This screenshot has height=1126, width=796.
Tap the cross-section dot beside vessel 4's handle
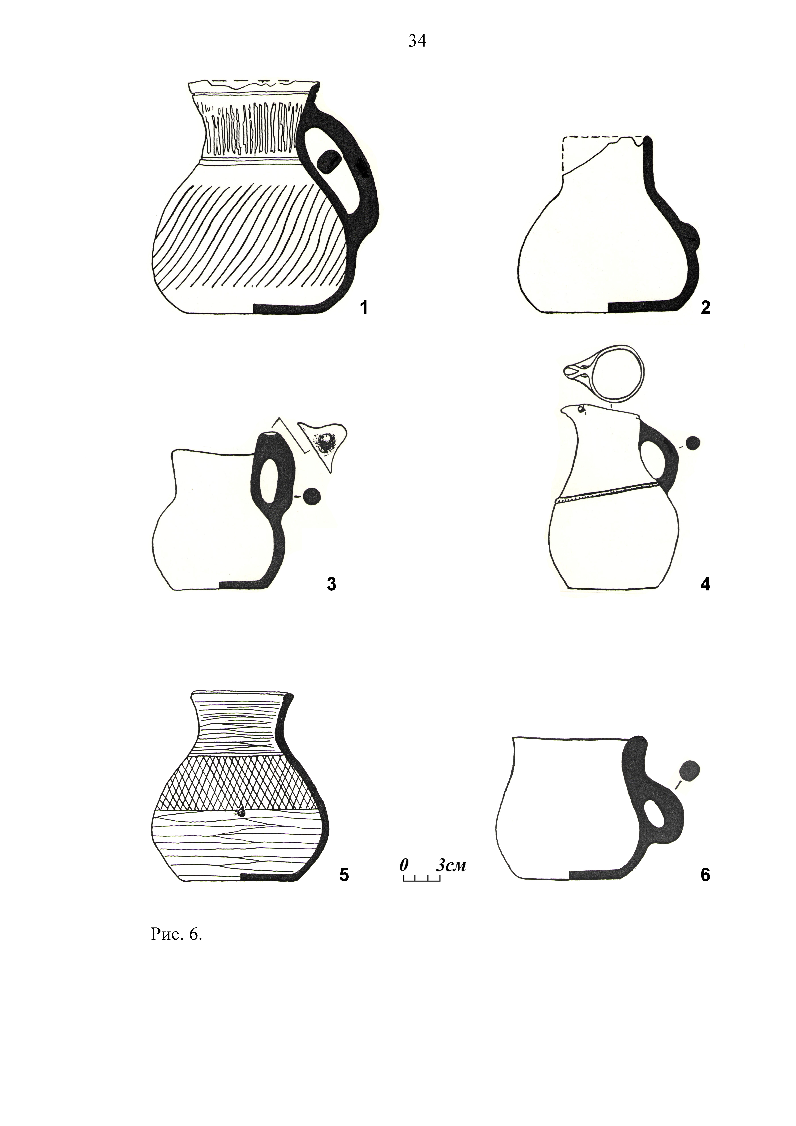click(x=693, y=443)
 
